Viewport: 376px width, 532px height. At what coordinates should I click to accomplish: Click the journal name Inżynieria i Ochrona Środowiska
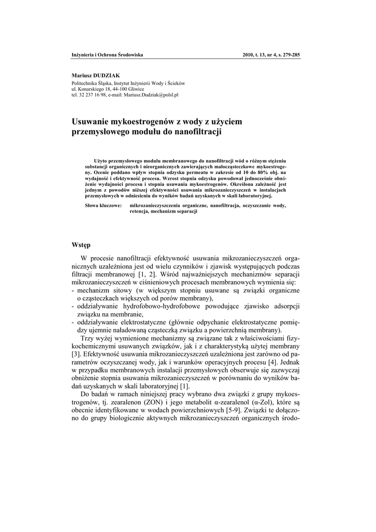[107, 55]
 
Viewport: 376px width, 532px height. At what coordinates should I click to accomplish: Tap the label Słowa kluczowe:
[103, 206]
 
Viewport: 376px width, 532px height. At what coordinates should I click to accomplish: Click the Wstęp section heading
[81, 244]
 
